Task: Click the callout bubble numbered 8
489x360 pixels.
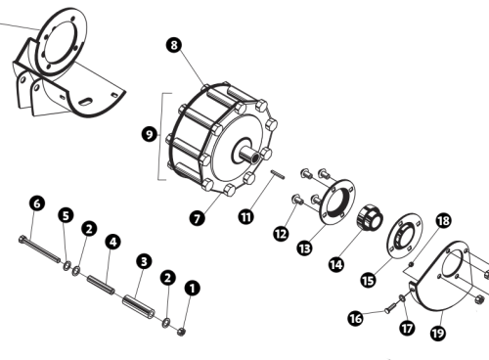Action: pyautogui.click(x=174, y=45)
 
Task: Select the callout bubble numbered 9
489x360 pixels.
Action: pyautogui.click(x=150, y=134)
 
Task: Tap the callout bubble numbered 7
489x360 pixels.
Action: pyautogui.click(x=197, y=218)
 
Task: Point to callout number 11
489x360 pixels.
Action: pyautogui.click(x=246, y=216)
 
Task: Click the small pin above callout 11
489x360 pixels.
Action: pyautogui.click(x=278, y=174)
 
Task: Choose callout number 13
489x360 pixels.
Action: pyautogui.click(x=304, y=248)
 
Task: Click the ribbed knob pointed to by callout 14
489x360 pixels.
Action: pyautogui.click(x=371, y=218)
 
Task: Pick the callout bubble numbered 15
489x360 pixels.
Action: pyautogui.click(x=368, y=280)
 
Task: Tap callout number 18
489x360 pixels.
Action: pyautogui.click(x=443, y=221)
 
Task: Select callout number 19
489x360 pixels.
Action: pyautogui.click(x=437, y=333)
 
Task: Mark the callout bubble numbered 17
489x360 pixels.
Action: pyautogui.click(x=407, y=328)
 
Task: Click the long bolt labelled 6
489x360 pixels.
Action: pyautogui.click(x=39, y=249)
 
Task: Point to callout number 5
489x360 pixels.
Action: pyautogui.click(x=66, y=215)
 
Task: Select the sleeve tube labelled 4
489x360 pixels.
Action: pyautogui.click(x=101, y=285)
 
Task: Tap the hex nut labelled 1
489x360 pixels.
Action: pyautogui.click(x=181, y=332)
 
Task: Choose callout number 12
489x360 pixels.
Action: pyautogui.click(x=281, y=234)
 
